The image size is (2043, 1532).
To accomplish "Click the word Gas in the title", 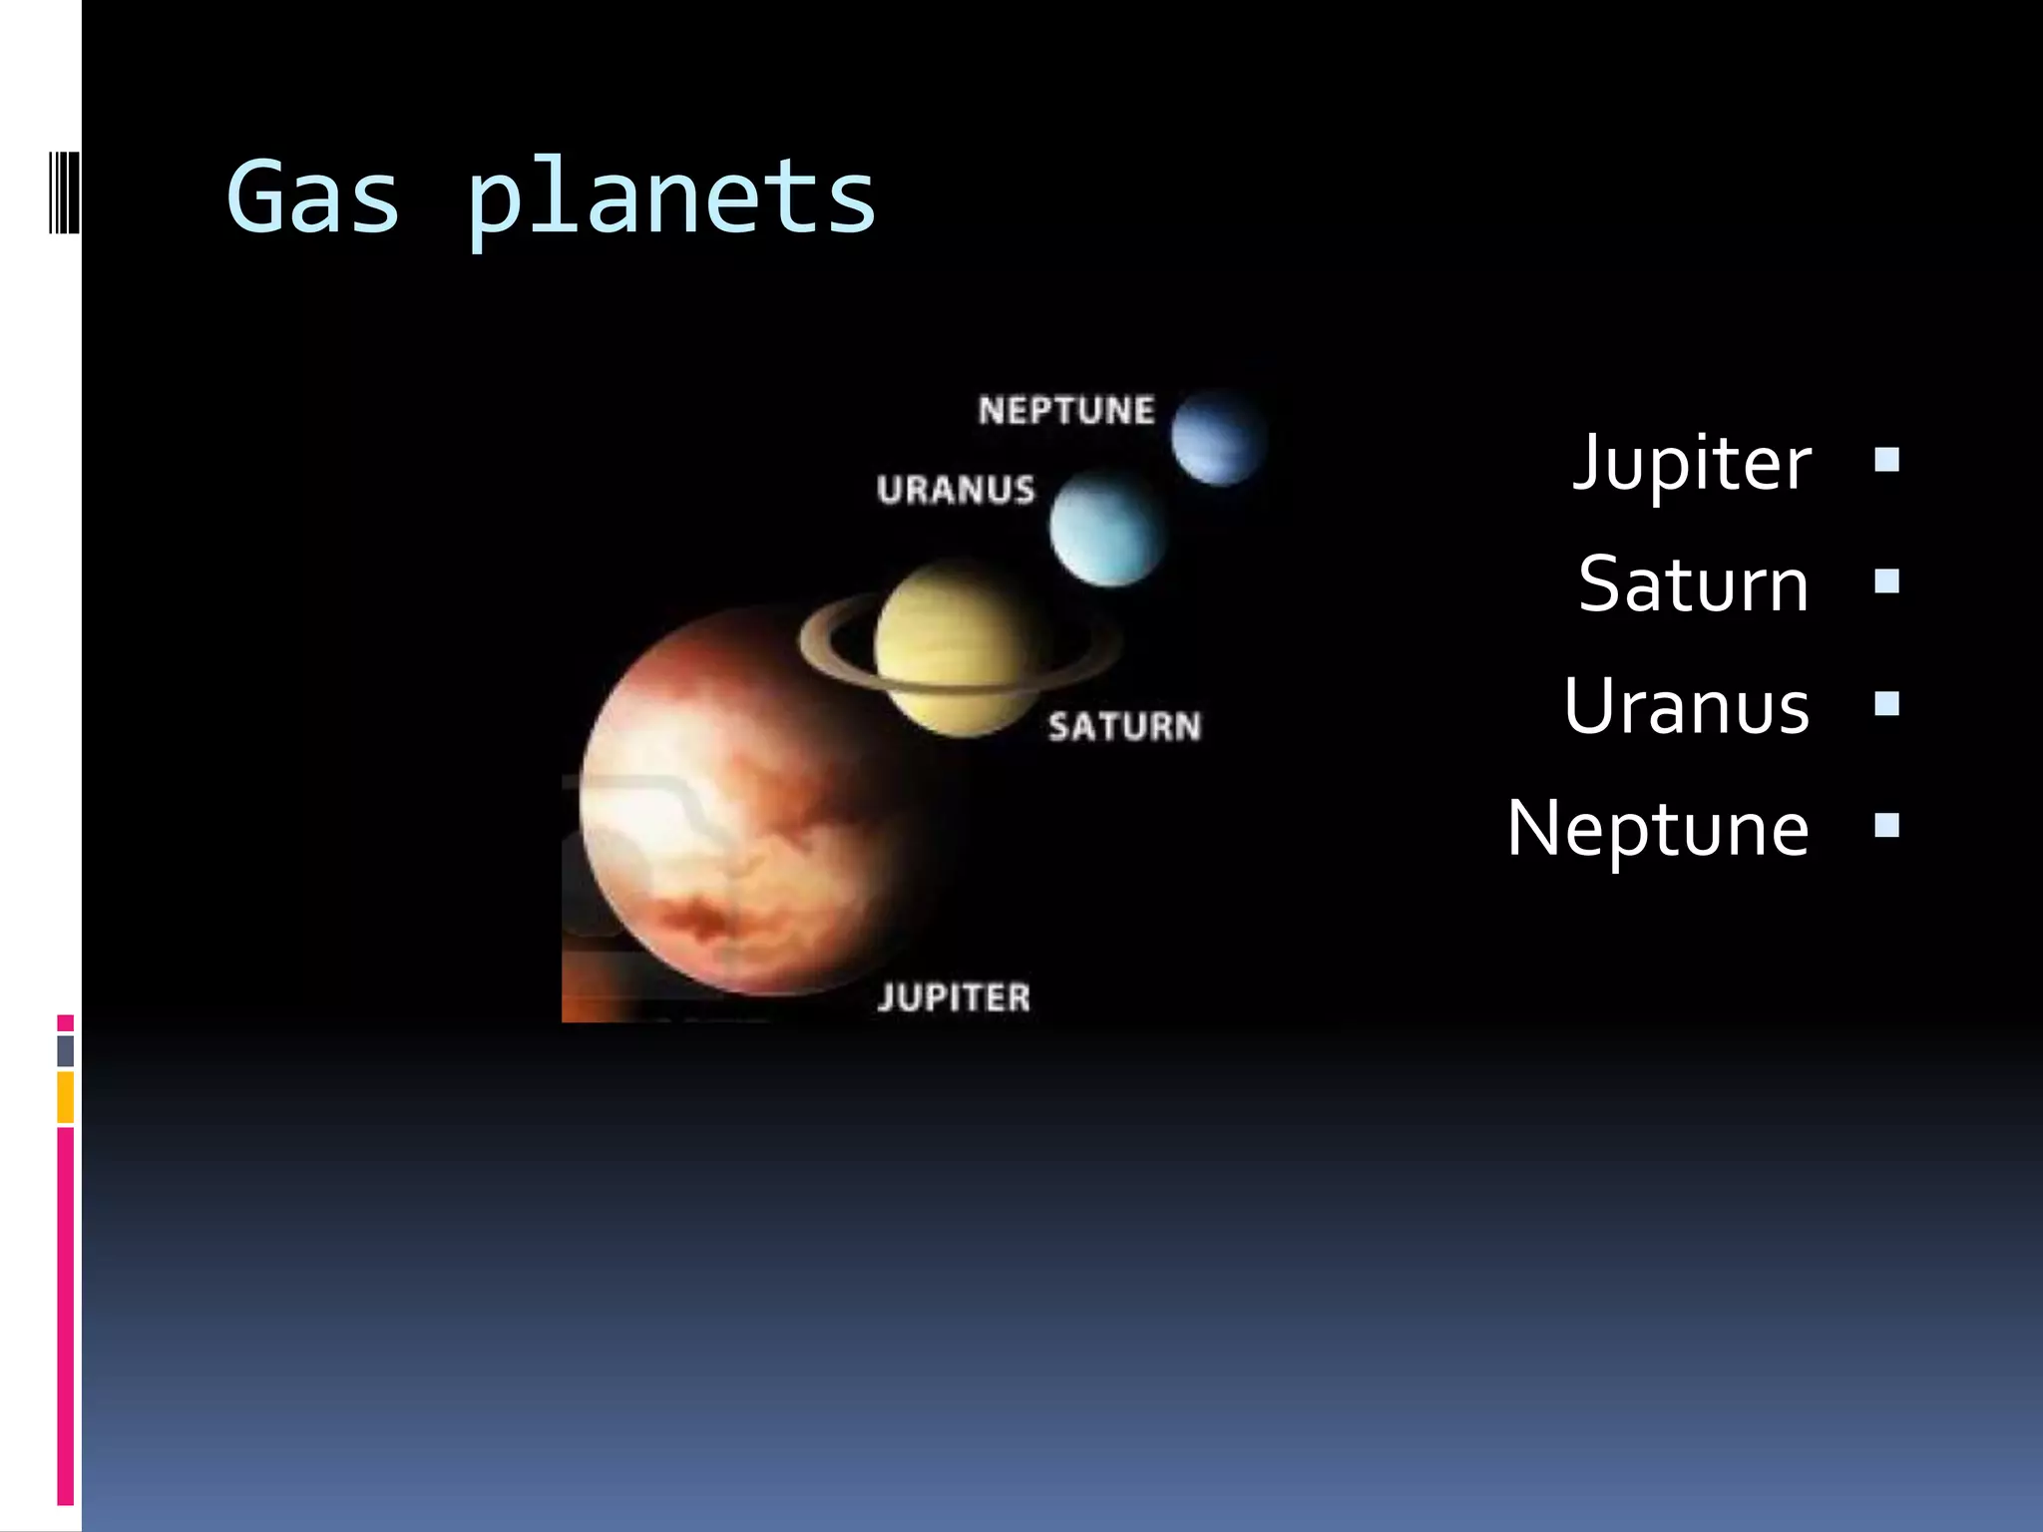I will pos(313,197).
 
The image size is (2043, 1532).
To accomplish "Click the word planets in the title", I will pos(670,199).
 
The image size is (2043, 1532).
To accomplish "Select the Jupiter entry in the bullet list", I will pos(1692,463).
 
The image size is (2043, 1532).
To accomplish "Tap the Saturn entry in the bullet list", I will pos(1694,584).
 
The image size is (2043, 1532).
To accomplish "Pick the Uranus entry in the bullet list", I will pos(1687,706).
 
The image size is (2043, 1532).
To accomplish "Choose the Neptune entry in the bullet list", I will pos(1658,828).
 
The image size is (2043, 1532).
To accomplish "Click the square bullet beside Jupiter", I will pos(1886,460).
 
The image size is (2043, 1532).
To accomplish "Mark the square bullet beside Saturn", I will pos(1886,581).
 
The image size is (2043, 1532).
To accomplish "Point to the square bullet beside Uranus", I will pos(1886,704).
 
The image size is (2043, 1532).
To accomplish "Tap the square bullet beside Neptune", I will pos(1886,826).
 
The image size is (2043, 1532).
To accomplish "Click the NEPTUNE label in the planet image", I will pos(1066,411).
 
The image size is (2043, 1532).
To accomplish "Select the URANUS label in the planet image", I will pos(956,490).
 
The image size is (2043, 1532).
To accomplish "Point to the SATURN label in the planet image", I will pos(1124,726).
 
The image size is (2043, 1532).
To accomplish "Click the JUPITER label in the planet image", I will pos(954,997).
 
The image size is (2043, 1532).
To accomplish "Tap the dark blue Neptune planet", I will pos(1218,437).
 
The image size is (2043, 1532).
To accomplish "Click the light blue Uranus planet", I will pos(1106,528).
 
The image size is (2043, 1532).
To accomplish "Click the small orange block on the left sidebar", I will pos(66,1096).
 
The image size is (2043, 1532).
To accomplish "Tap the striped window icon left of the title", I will pos(64,191).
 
